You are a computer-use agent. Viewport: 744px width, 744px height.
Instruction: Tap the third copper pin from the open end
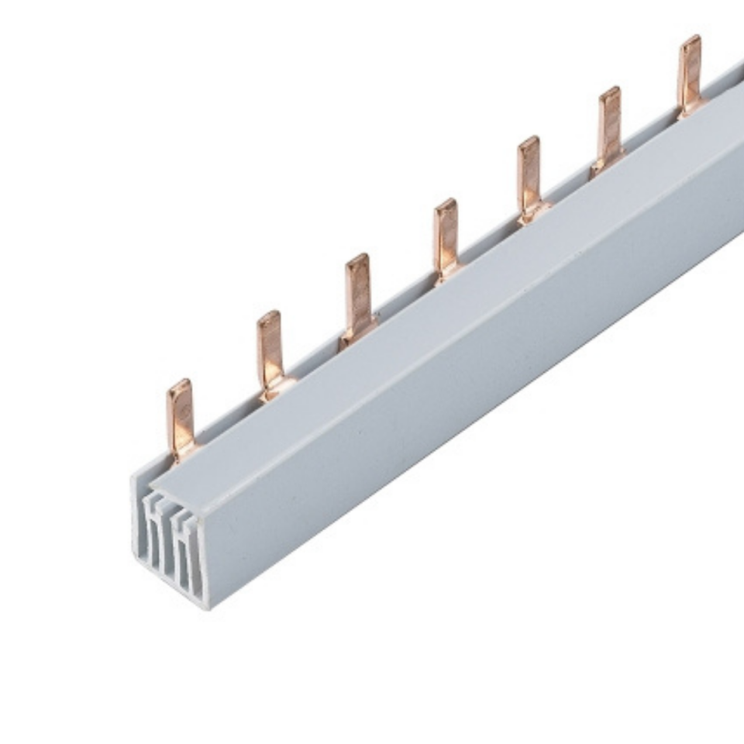pos(357,295)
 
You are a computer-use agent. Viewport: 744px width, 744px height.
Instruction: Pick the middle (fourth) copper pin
pos(446,236)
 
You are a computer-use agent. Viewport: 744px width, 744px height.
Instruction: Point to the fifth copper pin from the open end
pos(529,177)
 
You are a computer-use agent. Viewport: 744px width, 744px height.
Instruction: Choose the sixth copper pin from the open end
pos(609,126)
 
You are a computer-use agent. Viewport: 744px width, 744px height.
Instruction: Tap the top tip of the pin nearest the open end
pos(179,384)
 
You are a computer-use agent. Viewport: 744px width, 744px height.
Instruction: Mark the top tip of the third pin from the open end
pos(356,259)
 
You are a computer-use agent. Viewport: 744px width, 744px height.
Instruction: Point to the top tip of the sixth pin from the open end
pos(610,91)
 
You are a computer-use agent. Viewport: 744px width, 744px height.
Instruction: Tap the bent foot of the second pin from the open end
pos(274,391)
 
